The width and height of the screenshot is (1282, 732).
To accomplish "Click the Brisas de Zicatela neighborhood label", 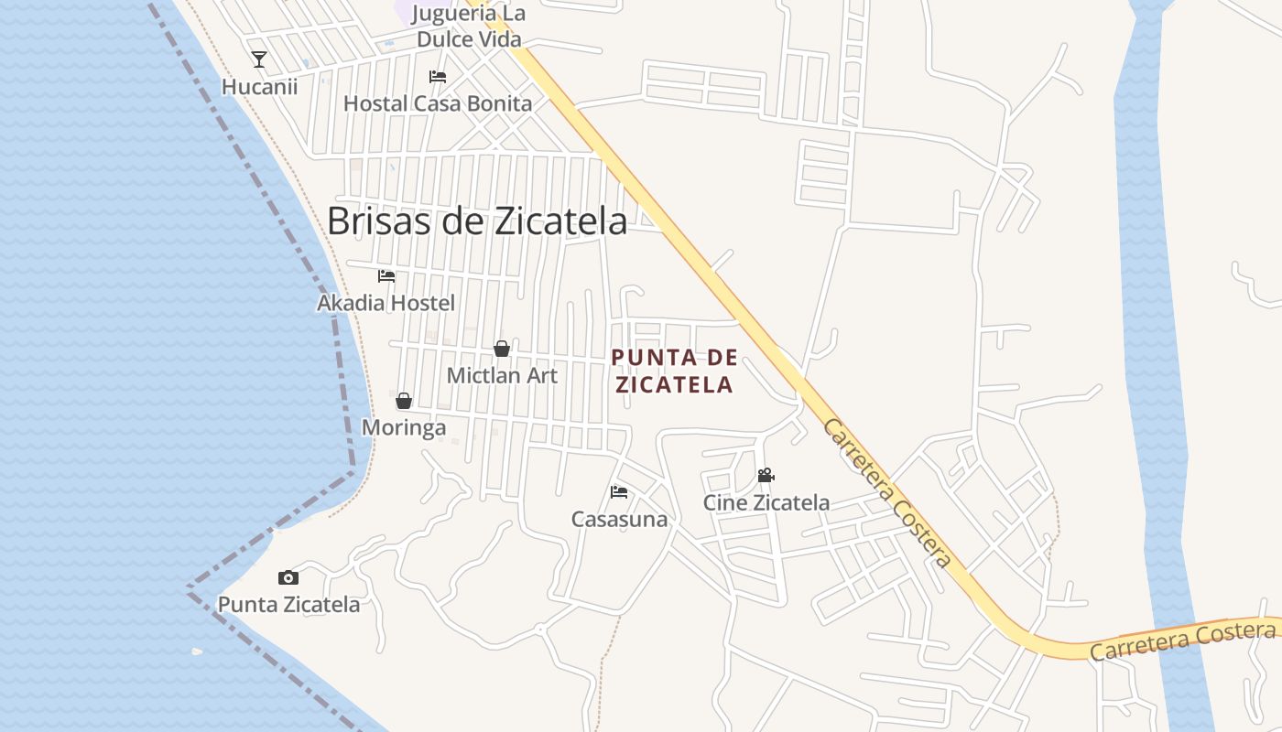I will point(477,221).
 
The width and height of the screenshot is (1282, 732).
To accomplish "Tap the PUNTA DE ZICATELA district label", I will point(674,371).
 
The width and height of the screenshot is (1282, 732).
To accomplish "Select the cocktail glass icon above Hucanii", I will point(259,59).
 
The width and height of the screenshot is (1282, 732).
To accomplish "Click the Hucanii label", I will point(259,87).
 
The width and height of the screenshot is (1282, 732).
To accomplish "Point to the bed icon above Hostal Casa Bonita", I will point(438,77).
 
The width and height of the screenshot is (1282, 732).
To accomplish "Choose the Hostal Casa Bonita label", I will point(438,103).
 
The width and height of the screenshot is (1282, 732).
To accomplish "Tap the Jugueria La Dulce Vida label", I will point(469,27).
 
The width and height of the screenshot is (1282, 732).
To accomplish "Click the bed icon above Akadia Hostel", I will point(386,275).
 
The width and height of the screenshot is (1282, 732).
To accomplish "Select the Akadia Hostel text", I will point(386,303).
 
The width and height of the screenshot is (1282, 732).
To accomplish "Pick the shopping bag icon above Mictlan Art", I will point(502,349).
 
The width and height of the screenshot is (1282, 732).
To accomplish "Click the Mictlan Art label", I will point(502,375).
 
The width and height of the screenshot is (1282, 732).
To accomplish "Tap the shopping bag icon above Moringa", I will point(404,401).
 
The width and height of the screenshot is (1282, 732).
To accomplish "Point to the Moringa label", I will point(404,427).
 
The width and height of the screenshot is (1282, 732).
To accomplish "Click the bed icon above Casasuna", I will point(619,492).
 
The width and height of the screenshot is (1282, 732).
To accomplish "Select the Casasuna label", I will point(619,520).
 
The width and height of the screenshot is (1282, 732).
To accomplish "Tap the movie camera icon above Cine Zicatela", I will point(766,476).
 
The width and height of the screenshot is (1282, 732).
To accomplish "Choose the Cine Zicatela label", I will point(766,502).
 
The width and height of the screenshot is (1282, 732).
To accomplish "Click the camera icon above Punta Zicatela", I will point(288,577).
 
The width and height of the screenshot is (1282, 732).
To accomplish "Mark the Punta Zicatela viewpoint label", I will point(288,605).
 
